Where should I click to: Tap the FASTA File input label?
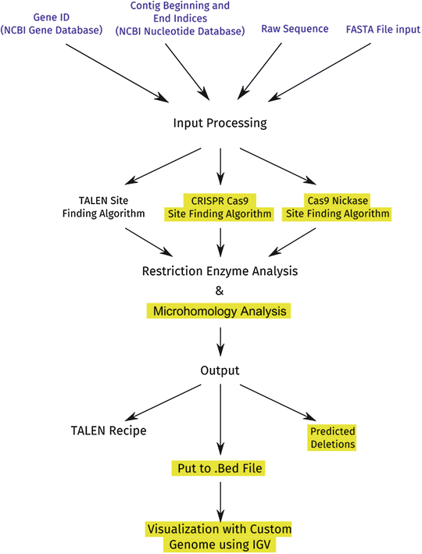point(383,29)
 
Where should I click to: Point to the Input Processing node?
point(220,123)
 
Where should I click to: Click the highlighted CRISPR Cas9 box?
point(220,206)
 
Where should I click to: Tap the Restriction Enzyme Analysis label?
point(220,271)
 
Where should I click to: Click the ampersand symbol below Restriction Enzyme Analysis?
point(220,291)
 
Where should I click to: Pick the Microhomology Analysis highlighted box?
point(220,311)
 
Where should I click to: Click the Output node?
point(220,370)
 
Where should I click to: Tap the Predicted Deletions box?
point(332,437)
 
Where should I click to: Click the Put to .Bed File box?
point(220,469)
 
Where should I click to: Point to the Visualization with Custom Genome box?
point(220,537)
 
